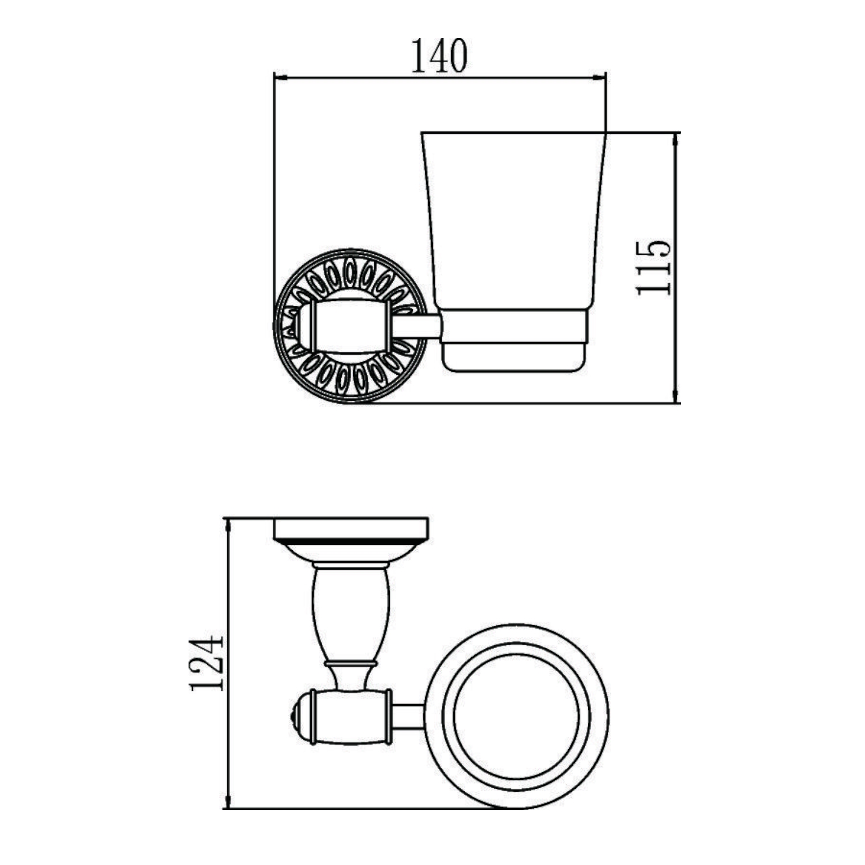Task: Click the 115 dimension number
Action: [x=654, y=268]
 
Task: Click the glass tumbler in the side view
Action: [x=513, y=225]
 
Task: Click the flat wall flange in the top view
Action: [x=351, y=528]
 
